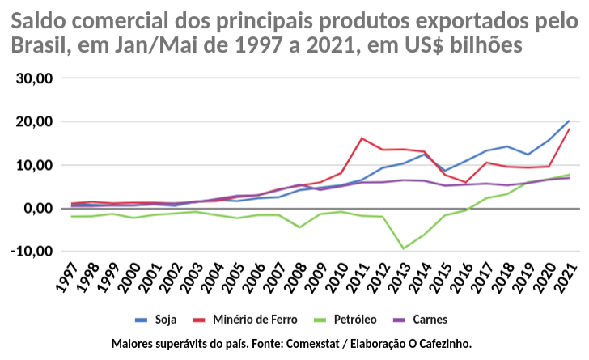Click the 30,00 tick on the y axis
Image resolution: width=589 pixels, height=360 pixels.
tap(34, 78)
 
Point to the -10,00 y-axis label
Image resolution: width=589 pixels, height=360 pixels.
tap(32, 252)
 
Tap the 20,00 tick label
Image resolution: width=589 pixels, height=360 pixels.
tap(34, 122)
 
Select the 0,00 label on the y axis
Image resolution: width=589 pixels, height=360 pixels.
tap(38, 209)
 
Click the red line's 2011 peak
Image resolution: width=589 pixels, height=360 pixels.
tap(362, 138)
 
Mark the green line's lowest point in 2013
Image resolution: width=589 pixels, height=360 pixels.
tap(403, 248)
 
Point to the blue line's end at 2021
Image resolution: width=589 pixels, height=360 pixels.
tap(569, 121)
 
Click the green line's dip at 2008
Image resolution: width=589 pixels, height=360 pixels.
tap(299, 227)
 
